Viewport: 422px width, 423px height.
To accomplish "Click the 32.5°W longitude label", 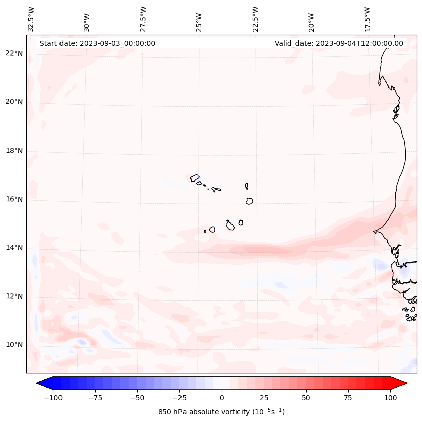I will coord(31,19).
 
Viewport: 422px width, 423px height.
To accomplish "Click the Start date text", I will coord(97,43).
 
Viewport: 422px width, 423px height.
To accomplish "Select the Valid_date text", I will coord(339,43).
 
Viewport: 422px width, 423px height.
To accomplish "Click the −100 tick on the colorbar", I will coord(53,398).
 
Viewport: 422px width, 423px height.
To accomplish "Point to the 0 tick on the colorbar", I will coord(222,398).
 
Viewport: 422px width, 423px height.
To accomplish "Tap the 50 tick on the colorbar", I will coord(306,398).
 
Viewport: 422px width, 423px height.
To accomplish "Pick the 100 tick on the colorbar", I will coord(390,398).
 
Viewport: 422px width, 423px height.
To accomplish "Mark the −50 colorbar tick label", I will coord(137,398).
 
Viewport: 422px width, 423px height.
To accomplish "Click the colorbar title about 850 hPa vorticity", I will coord(221,412).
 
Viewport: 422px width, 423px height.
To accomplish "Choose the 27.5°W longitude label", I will coord(143,19).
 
